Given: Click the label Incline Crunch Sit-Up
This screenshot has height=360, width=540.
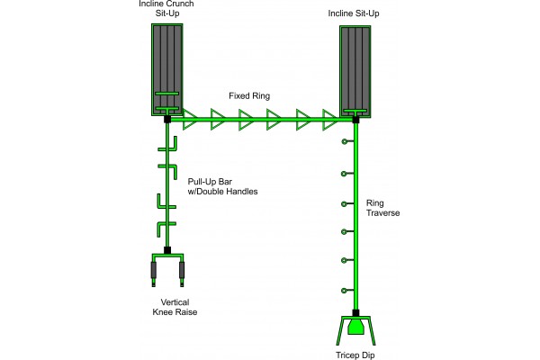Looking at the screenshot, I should (167, 8).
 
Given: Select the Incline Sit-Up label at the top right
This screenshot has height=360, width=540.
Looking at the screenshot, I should (357, 14).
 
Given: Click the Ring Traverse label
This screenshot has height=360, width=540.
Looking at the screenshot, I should (382, 209).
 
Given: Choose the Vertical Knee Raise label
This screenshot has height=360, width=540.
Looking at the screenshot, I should (168, 307).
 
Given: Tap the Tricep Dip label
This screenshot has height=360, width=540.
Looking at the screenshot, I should (355, 353).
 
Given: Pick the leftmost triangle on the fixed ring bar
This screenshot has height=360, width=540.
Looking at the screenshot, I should (190, 119).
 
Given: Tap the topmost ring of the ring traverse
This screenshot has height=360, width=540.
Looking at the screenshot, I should (343, 142).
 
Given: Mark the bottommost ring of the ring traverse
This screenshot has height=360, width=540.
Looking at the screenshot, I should (343, 290).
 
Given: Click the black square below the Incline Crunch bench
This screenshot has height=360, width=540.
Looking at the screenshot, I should (168, 118).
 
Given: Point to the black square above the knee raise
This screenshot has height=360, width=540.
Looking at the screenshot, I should (168, 249).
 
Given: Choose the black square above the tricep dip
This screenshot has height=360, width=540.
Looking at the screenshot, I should (356, 312).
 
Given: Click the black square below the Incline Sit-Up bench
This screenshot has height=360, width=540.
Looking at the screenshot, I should (356, 119).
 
